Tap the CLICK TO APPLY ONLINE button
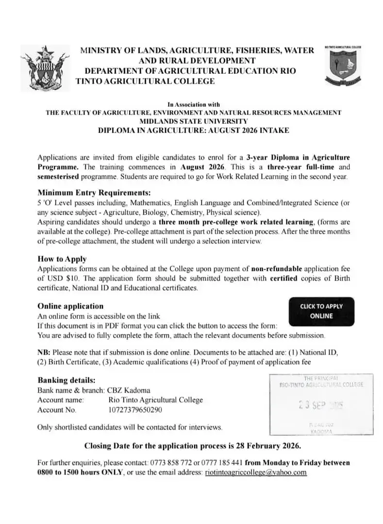[321, 311]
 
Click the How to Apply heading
[62, 259]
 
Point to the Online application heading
[70, 306]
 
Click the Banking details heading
[67, 380]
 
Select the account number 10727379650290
[135, 410]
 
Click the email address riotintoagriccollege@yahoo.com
[256, 472]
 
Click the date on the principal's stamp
[320, 405]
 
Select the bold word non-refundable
[277, 269]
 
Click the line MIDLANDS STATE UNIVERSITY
[193, 121]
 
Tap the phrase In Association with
[193, 104]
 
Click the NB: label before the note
[44, 352]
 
